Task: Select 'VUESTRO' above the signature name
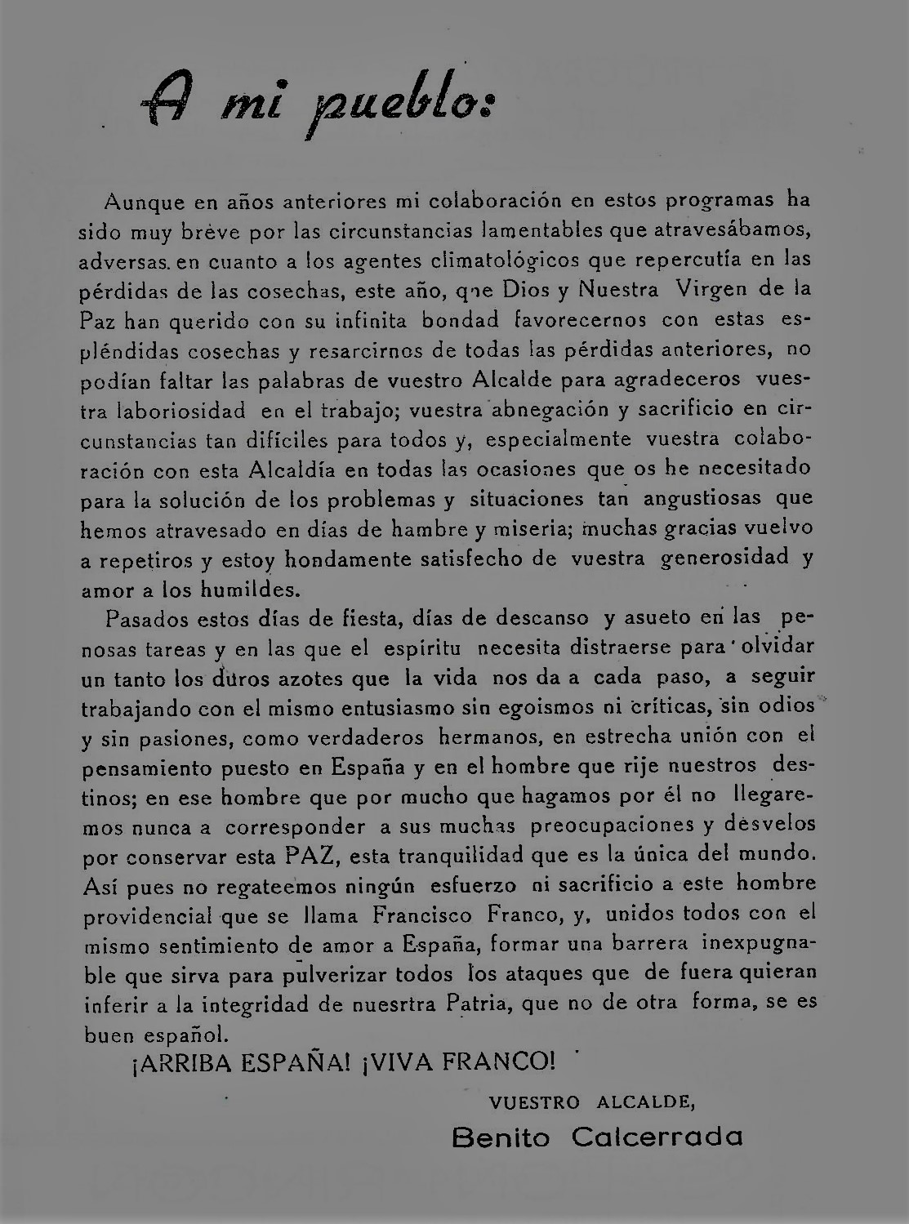pyautogui.click(x=534, y=1102)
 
